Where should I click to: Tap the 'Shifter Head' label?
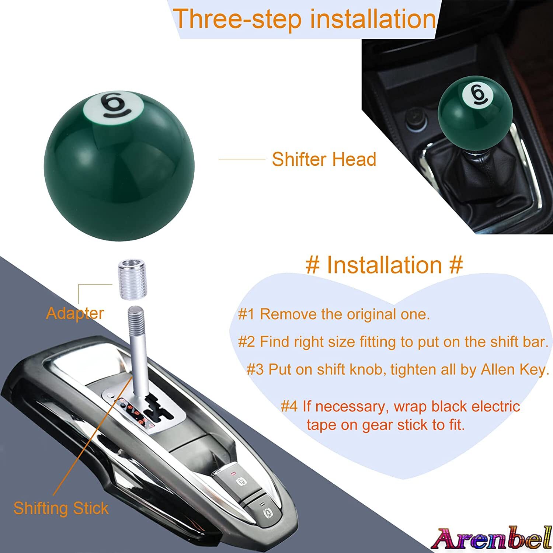[x=324, y=159]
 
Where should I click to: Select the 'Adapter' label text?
[x=75, y=313]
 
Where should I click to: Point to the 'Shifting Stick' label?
[x=61, y=508]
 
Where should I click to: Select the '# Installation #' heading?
[x=384, y=265]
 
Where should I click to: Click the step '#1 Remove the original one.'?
[x=334, y=314]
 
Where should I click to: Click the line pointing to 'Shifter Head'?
[x=242, y=159]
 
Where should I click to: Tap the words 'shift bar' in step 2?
[x=518, y=342]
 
